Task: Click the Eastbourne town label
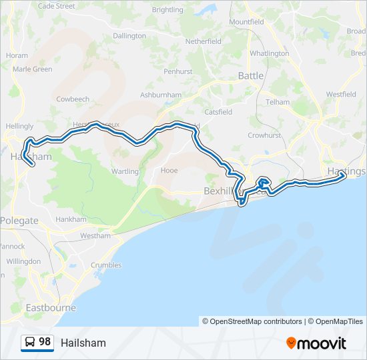pos(51,308)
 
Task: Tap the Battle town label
pos(251,76)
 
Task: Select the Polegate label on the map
pos(19,221)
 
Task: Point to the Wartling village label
pos(125,171)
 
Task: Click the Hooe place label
pos(169,171)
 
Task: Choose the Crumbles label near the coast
pos(106,265)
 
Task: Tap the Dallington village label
pos(129,35)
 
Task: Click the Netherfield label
pos(203,41)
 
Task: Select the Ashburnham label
pos(161,95)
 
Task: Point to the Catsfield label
pos(218,112)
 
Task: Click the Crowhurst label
pos(265,135)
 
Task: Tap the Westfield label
pos(341,95)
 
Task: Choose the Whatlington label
pos(269,53)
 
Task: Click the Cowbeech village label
pos(73,99)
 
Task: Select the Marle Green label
pos(32,69)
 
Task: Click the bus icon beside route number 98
pos(30,343)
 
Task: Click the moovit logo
pos(316,343)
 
